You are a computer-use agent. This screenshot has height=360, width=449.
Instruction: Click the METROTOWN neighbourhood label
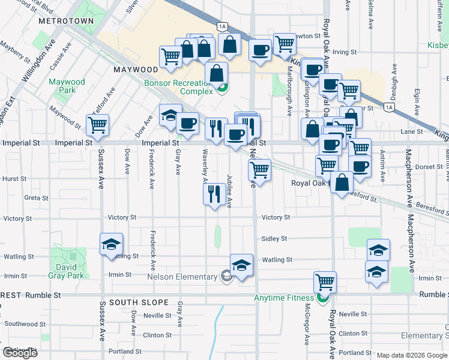[66, 20]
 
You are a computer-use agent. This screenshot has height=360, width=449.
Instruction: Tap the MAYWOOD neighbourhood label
[135, 70]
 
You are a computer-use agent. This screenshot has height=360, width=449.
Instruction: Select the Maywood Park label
[67, 86]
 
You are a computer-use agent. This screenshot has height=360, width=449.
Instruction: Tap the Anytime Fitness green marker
[323, 297]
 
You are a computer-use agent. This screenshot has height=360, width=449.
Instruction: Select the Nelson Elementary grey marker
[226, 277]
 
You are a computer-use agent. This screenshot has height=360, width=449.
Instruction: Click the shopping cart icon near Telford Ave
[97, 125]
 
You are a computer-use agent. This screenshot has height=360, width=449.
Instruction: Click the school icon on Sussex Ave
[112, 244]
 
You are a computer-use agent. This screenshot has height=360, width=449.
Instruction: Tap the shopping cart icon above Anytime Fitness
[325, 281]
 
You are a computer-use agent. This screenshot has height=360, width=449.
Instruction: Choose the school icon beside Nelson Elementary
[241, 264]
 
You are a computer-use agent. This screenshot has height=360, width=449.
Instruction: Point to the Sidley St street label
[274, 239]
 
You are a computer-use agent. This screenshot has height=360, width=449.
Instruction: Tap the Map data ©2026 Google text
[412, 355]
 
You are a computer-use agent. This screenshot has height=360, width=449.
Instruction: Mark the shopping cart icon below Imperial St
[259, 170]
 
